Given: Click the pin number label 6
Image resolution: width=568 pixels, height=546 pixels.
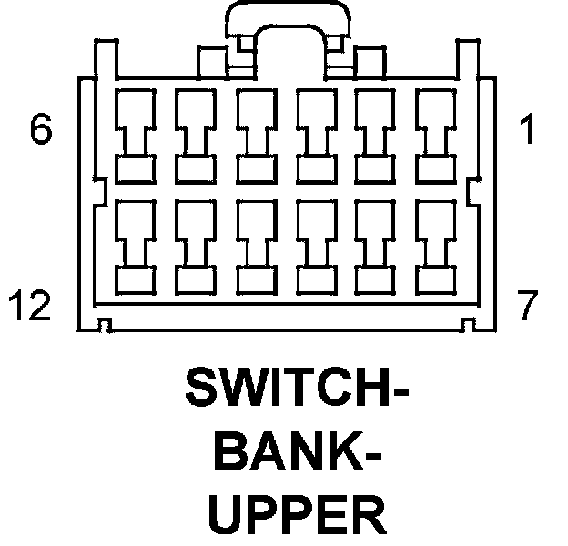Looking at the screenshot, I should pos(41,132).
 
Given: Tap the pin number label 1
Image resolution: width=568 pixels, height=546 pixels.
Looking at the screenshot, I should pos(526,132).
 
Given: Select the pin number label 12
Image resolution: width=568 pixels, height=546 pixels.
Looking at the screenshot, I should pos(31,307).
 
